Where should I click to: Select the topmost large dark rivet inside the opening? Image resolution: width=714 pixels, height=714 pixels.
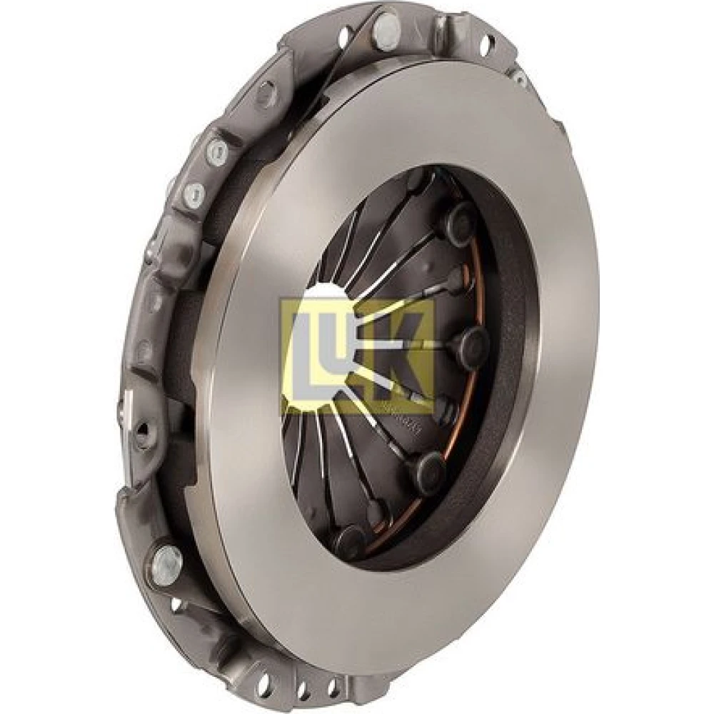(458, 221)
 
